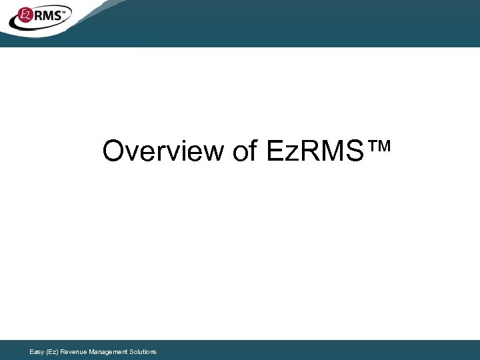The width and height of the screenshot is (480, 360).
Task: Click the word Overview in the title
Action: [163, 152]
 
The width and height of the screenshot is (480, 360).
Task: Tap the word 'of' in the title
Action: [245, 152]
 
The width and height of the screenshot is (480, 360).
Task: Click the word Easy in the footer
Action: [37, 351]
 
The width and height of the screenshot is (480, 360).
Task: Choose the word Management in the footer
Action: [109, 351]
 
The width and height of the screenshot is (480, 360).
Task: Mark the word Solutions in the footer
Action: [145, 351]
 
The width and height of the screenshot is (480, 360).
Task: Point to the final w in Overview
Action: [215, 153]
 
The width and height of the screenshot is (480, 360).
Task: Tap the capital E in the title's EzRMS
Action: [274, 152]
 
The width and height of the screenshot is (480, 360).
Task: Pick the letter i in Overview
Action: [179, 152]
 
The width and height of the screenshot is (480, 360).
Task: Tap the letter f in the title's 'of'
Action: [253, 151]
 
